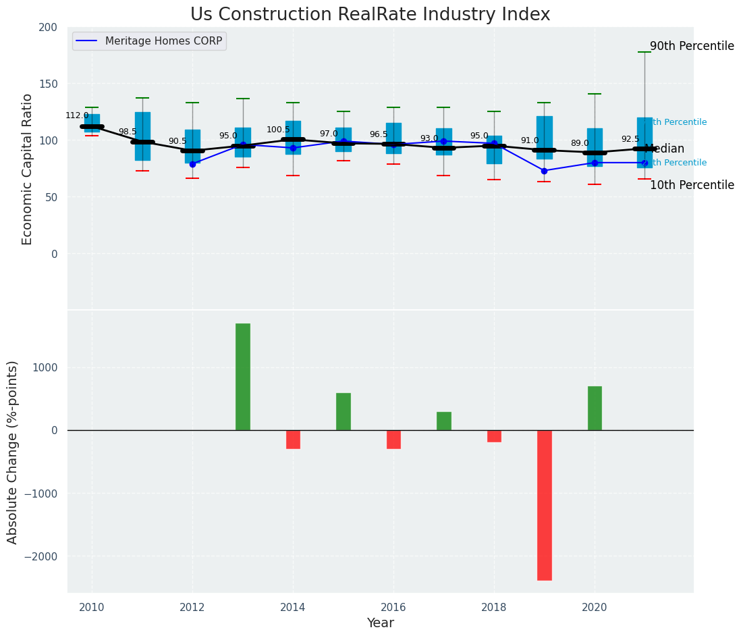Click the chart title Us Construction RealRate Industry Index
click(370, 15)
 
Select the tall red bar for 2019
click(544, 505)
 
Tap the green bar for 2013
click(243, 377)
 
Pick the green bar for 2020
click(595, 408)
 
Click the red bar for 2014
click(293, 440)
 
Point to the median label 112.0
click(77, 115)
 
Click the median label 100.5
click(278, 130)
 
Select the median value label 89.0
click(580, 143)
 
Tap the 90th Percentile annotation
click(692, 47)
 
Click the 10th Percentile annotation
click(692, 185)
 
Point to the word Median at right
click(665, 149)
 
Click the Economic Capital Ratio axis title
click(28, 169)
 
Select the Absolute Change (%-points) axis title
click(13, 452)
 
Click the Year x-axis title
click(381, 623)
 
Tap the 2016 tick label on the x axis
click(393, 608)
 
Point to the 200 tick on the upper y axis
click(48, 27)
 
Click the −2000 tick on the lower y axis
click(43, 556)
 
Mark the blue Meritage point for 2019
click(544, 171)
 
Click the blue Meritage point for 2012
click(192, 164)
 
